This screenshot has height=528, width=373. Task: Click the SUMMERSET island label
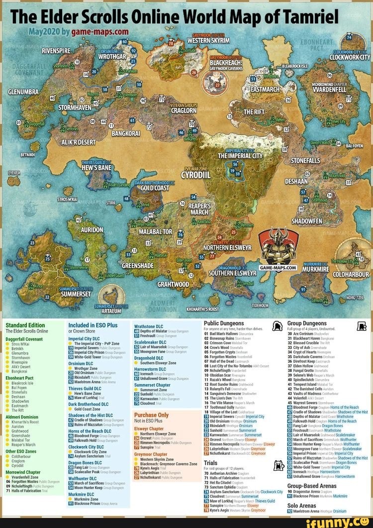pyautogui.click(x=75, y=294)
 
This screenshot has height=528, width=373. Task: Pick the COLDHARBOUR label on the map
pyautogui.click(x=351, y=274)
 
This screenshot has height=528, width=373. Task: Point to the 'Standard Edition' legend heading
pyautogui.click(x=25, y=325)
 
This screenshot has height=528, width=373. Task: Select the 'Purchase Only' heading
pyautogui.click(x=152, y=415)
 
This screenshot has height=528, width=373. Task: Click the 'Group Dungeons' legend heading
pyautogui.click(x=307, y=323)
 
